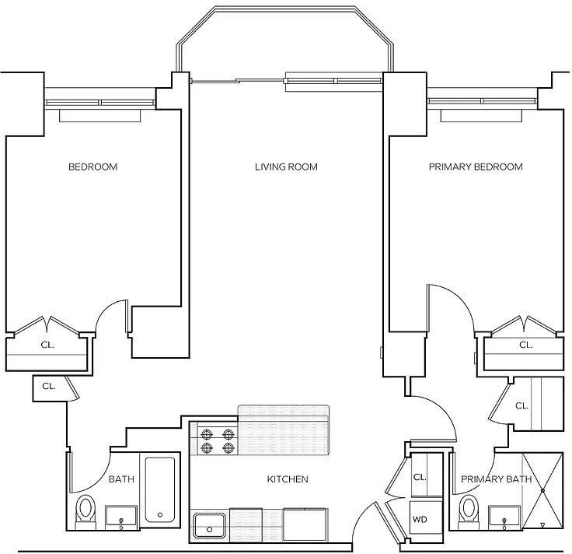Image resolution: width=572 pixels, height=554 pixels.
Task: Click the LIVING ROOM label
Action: click(x=286, y=167)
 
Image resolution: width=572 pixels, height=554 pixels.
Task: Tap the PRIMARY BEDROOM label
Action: click(x=476, y=167)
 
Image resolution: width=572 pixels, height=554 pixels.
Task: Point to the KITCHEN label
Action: click(x=288, y=479)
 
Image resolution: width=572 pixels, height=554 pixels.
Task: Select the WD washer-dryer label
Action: click(x=420, y=519)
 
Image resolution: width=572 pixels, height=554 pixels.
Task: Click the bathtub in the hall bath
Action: click(x=160, y=489)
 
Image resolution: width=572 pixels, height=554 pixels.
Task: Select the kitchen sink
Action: click(x=209, y=525)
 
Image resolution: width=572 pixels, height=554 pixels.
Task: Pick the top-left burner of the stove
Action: click(x=206, y=434)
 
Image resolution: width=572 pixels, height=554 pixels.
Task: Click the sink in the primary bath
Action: click(x=504, y=517)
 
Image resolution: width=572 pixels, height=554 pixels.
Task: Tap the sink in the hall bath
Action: click(x=121, y=517)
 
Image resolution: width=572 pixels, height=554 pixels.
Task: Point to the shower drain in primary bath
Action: click(x=542, y=490)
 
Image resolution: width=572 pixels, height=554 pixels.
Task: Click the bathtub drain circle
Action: click(x=160, y=515)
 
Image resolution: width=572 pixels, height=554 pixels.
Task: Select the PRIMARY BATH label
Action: click(x=496, y=479)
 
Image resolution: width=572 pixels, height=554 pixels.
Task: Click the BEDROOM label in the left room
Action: click(x=92, y=167)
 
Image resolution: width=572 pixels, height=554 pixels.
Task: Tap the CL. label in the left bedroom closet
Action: click(x=47, y=345)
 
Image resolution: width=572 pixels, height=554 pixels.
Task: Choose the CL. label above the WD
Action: click(x=420, y=477)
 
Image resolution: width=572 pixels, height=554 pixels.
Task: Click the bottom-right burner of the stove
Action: click(x=228, y=447)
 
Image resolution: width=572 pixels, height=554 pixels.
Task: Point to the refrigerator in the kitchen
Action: click(x=305, y=524)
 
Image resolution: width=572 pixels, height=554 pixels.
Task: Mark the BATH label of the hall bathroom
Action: click(x=121, y=479)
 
